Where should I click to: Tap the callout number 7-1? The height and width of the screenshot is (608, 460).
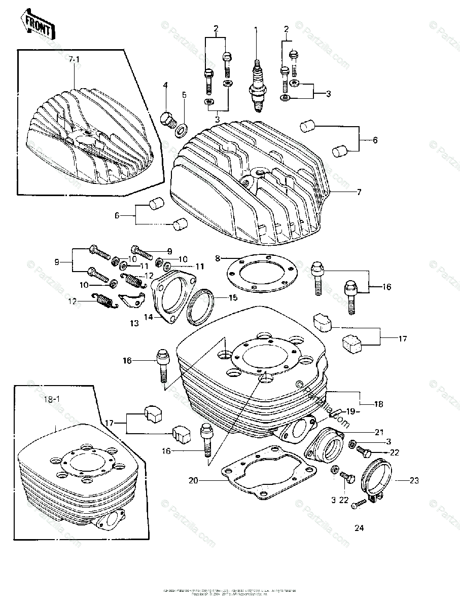pyautogui.click(x=75, y=60)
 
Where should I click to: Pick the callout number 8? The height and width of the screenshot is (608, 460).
pyautogui.click(x=217, y=258)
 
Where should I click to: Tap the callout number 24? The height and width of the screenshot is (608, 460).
pyautogui.click(x=359, y=527)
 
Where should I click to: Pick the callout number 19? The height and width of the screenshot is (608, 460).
pyautogui.click(x=351, y=411)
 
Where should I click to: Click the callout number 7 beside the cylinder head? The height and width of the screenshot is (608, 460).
pyautogui.click(x=359, y=192)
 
